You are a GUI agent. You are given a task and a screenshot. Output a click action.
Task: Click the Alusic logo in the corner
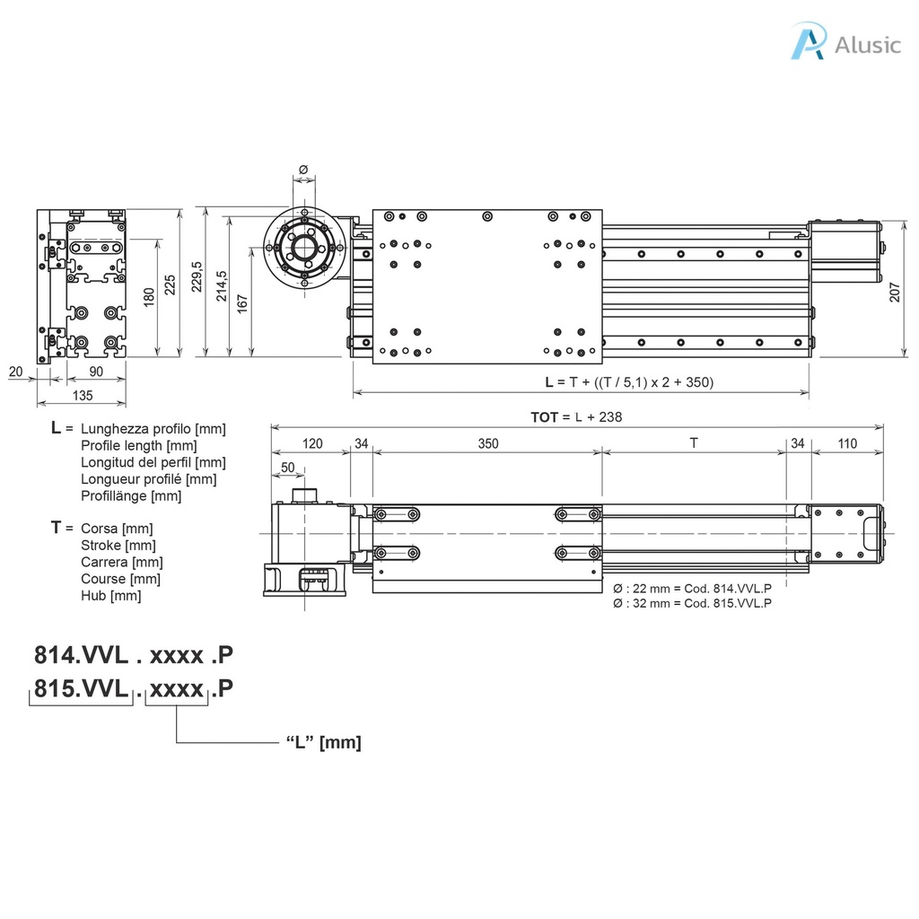pos(845,43)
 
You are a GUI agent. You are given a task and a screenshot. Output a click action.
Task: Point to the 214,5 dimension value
pos(222,285)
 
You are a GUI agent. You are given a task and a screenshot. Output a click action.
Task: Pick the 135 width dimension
pos(82,395)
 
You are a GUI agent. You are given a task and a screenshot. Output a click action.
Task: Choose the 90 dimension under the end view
pos(95,372)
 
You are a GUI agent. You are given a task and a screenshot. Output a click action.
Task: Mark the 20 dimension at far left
pos(15,372)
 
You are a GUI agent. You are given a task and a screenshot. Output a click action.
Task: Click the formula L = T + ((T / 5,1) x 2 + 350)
pos(629,381)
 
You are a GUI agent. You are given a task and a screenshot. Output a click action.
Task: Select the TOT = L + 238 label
pos(576,417)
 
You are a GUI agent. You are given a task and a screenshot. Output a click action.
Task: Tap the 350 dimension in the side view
pos(487,443)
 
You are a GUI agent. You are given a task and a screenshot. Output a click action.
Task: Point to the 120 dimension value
pos(311,443)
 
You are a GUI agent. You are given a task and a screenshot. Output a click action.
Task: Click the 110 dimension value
pos(847,443)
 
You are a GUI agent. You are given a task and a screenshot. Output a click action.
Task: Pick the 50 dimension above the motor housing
pos(288,467)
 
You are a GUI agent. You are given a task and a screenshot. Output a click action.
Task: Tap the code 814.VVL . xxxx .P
pos(134,655)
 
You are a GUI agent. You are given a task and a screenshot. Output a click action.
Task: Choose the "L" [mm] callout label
pos(323,742)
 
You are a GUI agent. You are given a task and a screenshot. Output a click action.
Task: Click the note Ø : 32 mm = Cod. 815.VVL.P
pos(692,603)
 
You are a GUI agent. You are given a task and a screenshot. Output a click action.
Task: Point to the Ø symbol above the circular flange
pos(303,170)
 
